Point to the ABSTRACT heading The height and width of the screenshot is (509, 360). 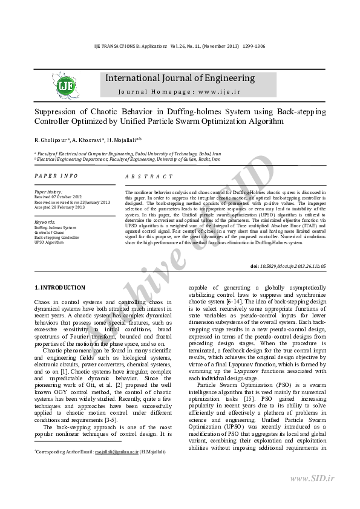pos(149,177)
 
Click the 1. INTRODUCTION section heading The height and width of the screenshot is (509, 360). pos(60,288)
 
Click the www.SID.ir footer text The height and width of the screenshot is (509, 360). pos(312,478)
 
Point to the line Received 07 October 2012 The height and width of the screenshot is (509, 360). pos(57,197)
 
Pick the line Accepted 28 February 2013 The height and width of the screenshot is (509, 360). pos(59,207)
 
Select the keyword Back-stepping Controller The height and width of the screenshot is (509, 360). pos(57,237)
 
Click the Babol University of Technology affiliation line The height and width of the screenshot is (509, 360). pos(126,154)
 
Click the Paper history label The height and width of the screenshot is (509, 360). pos(48,192)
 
